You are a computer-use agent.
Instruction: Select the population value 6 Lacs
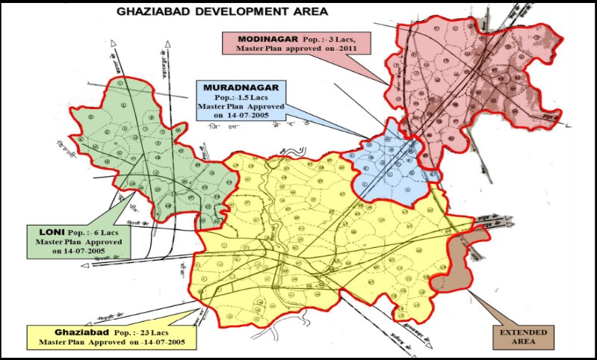click(x=104, y=233)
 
